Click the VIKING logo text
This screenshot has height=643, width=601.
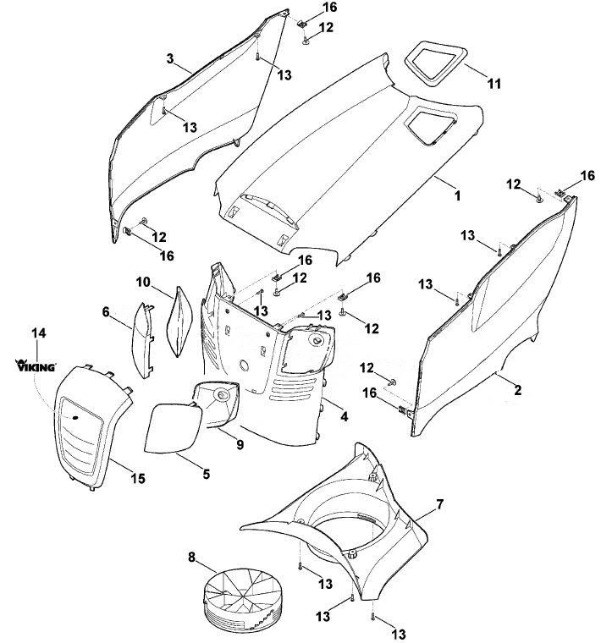36,365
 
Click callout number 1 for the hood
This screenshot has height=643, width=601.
458,195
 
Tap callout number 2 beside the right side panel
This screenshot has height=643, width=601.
518,389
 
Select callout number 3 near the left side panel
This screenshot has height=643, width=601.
170,58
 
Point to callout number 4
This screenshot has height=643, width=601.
345,416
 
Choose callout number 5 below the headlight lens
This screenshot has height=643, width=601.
207,474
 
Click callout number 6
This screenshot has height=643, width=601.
106,312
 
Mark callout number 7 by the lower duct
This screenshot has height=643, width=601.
440,504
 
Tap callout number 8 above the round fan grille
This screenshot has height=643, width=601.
192,558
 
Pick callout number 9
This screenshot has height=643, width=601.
240,444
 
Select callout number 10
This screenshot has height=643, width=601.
144,282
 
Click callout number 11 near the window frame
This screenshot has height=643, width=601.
494,84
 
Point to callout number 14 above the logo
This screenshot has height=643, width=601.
39,333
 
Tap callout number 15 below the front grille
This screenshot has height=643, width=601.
138,478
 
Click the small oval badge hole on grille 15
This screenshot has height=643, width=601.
75,417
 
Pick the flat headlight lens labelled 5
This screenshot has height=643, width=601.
174,428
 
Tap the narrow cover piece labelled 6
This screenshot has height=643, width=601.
143,340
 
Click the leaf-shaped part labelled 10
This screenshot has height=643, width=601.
179,321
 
